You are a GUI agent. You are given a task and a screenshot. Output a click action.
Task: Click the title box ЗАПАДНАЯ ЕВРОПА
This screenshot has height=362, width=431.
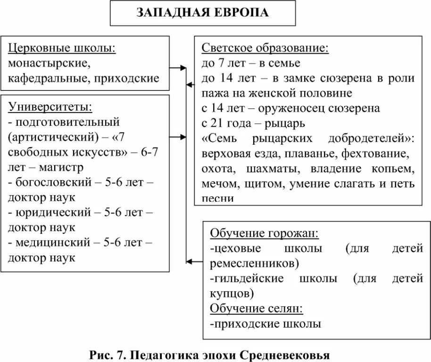203,13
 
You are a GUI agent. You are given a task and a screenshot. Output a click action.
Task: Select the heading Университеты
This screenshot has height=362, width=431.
50,107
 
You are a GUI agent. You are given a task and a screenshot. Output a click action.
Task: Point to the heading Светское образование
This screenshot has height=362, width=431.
265,48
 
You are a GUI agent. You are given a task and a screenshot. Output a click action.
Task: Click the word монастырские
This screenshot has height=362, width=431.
47,63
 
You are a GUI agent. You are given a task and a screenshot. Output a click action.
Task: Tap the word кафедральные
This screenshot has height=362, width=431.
47,78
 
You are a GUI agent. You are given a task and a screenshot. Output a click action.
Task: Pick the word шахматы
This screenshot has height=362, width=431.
268,168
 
